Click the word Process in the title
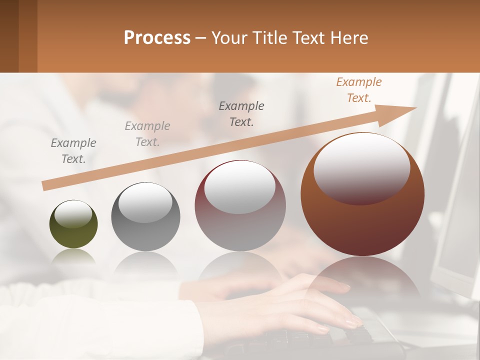coord(157,37)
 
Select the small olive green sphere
coord(73,224)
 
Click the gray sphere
coord(145,217)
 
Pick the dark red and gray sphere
coord(240,206)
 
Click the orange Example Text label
coord(359,90)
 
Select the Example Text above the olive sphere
coord(73,150)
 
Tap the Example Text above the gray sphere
coord(147,133)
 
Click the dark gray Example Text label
coord(241,113)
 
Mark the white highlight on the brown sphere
coord(361,167)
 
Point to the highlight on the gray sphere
coord(145,202)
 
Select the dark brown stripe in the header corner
coord(9,36)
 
